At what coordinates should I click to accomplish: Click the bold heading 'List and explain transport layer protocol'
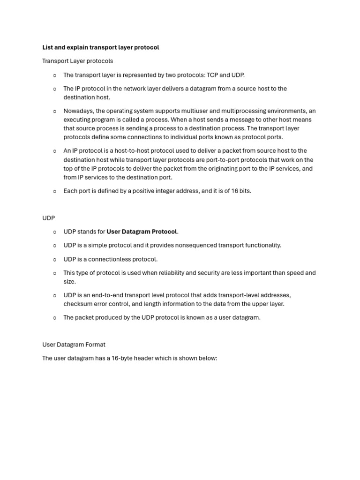pos(100,47)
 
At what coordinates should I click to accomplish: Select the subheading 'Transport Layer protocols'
pos(77,61)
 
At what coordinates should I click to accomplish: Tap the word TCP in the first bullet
pos(213,75)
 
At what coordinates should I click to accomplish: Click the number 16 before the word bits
pos(235,191)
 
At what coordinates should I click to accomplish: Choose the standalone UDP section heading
pos(48,218)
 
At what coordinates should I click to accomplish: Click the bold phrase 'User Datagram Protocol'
pos(142,232)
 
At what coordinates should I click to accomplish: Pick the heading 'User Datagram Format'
pos(74,345)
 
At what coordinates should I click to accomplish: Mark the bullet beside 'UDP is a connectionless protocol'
pos(55,259)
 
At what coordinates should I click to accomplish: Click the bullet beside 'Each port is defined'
pos(55,191)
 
